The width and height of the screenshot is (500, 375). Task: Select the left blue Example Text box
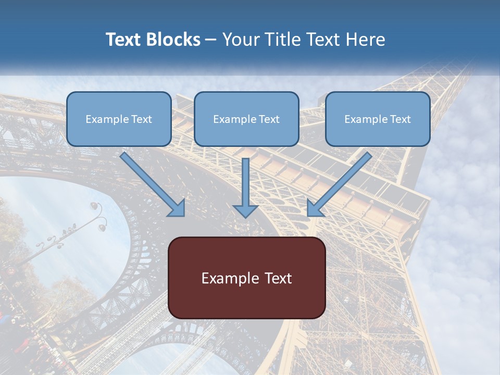click(119, 119)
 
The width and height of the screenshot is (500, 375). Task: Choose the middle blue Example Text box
click(246, 119)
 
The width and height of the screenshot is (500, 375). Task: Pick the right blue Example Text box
click(378, 119)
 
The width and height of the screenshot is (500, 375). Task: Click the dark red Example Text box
click(246, 278)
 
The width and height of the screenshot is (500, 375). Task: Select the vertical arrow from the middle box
click(245, 185)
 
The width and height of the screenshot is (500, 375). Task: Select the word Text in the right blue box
click(400, 119)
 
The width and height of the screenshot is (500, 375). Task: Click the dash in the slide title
click(210, 40)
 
